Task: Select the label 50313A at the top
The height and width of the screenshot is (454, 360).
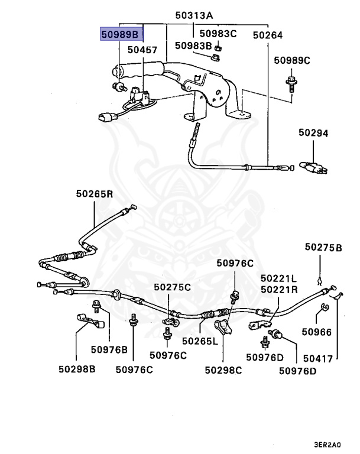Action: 194,15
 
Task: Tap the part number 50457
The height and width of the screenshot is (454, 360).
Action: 142,50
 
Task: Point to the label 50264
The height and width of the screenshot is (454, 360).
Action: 268,35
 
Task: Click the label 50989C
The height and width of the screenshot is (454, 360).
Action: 292,60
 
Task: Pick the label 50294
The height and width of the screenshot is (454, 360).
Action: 313,133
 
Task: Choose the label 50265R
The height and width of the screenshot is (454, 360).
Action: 95,194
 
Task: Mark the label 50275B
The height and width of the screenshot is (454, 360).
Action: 323,248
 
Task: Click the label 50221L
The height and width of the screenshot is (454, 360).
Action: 278,278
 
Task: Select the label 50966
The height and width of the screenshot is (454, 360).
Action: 317,332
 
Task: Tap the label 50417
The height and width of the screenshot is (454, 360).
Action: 318,359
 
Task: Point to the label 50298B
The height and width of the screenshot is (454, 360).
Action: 77,369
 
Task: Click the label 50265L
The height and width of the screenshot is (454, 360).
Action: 200,341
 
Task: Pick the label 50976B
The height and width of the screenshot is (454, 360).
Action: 109,350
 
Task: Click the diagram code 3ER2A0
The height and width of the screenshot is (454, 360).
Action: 327,445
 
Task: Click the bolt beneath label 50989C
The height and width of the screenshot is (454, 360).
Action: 291,83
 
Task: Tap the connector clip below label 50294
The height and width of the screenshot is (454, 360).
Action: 314,168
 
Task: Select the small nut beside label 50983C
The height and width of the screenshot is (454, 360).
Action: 218,47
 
